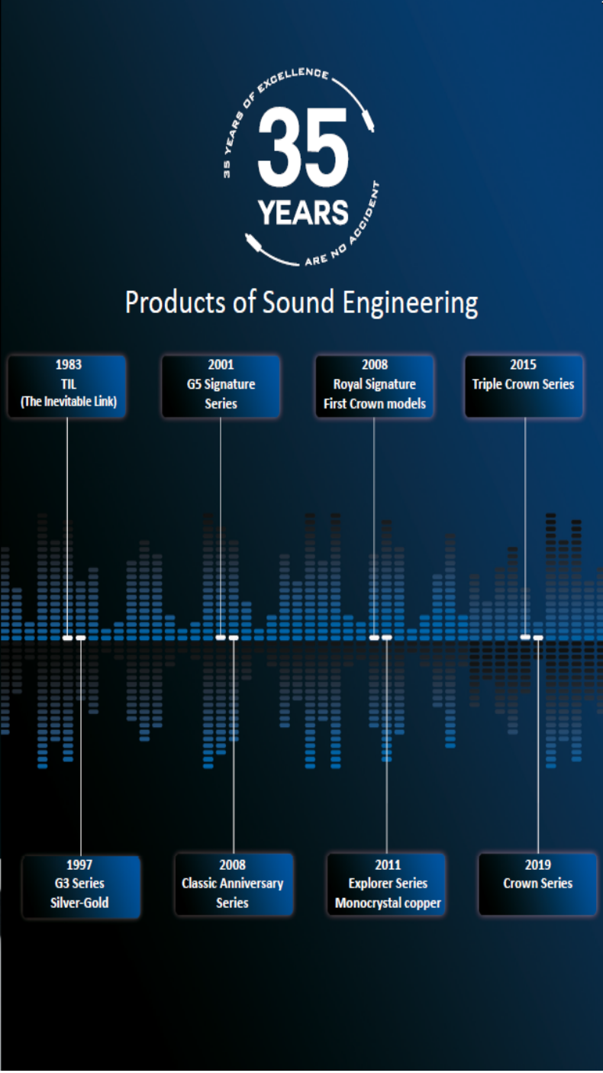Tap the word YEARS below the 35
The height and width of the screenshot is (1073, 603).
point(303,212)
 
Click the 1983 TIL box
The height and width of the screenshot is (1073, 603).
point(67,386)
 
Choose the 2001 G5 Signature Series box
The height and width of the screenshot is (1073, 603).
point(221,386)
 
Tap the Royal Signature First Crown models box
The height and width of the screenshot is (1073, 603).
point(374,386)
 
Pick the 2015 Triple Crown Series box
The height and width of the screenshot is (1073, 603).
point(524,386)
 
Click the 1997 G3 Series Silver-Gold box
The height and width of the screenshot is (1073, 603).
point(80,884)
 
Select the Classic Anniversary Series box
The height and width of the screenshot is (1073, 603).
point(233,884)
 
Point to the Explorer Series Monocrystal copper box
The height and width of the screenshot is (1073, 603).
point(387,884)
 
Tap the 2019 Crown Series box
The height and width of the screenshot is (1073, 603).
point(537,884)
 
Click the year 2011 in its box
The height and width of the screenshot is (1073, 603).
point(387,865)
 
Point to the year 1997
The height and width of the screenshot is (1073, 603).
point(79,865)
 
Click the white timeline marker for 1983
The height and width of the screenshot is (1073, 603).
point(67,637)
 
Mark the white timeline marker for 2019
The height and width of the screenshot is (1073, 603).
point(538,638)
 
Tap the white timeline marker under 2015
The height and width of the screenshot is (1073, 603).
point(525,637)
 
